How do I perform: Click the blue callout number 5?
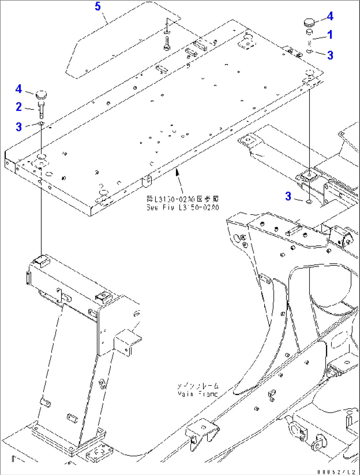(x=98, y=6)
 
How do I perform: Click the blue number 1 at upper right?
(x=330, y=35)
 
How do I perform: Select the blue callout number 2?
(x=19, y=107)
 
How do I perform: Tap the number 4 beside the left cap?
(x=19, y=89)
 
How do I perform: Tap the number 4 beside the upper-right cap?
(x=330, y=16)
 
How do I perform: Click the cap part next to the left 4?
(x=41, y=94)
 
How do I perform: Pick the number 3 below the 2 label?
(x=19, y=127)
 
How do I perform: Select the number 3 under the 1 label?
(x=330, y=55)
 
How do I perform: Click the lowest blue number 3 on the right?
(x=288, y=196)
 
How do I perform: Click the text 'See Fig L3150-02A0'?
(x=183, y=208)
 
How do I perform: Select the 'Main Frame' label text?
(x=198, y=394)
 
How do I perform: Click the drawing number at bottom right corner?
(x=337, y=472)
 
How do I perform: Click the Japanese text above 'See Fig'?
(x=183, y=199)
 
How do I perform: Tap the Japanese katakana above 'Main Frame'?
(x=198, y=386)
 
